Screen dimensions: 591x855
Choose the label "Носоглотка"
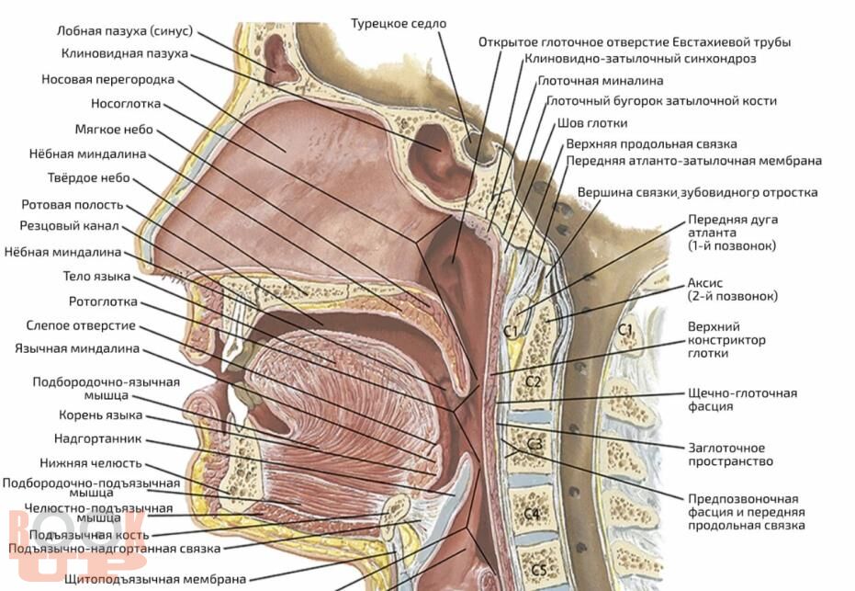click(x=126, y=103)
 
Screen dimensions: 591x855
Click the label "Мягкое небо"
click(x=114, y=129)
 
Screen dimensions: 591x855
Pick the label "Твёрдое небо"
click(x=89, y=178)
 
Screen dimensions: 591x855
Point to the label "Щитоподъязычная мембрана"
click(x=155, y=579)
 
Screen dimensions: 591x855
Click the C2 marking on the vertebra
click(x=533, y=380)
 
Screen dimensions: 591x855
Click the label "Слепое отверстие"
click(x=81, y=325)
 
